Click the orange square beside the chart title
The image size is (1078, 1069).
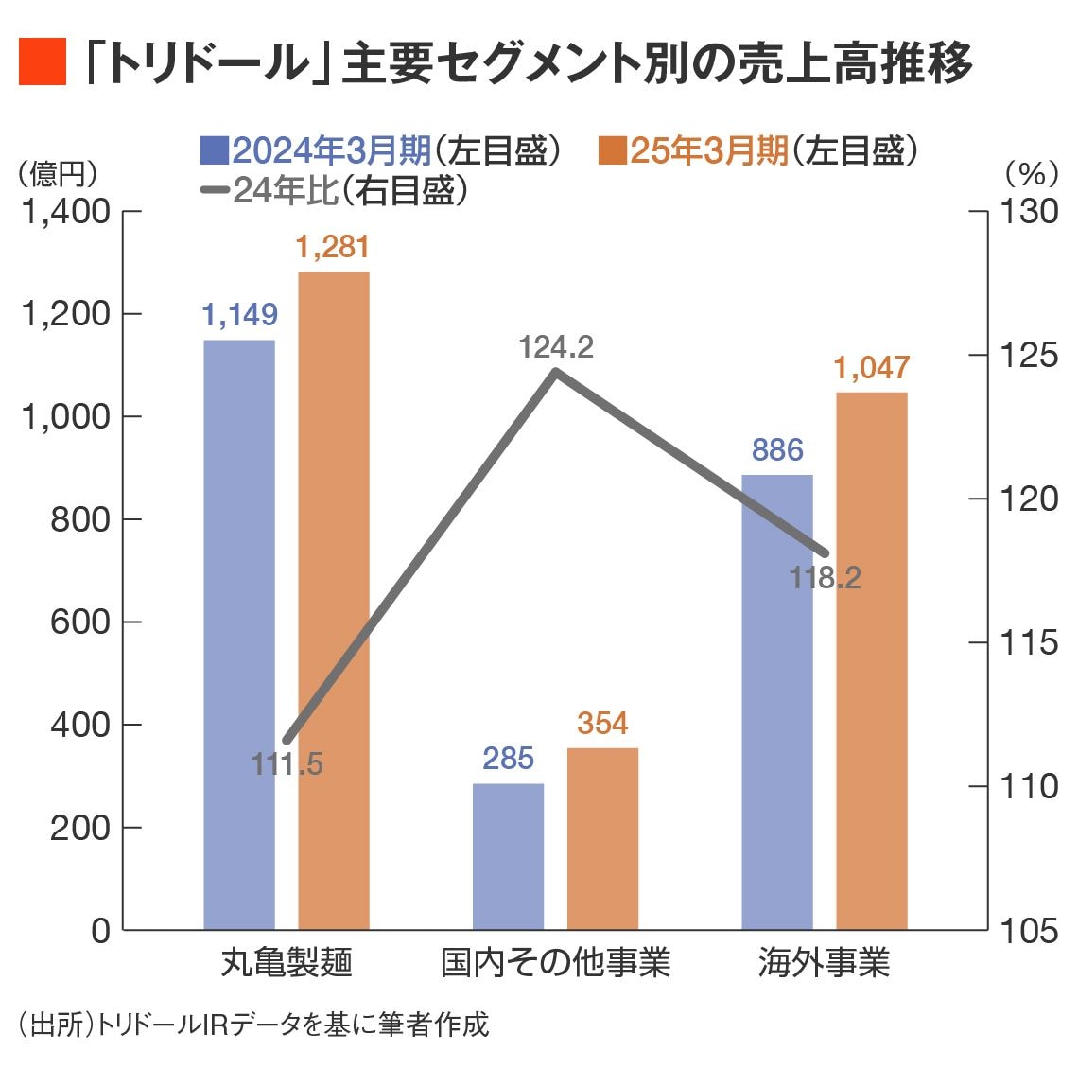pyautogui.click(x=42, y=62)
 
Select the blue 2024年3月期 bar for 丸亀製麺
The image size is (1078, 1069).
pyautogui.click(x=239, y=634)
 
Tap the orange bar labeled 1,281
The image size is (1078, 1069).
pyautogui.click(x=334, y=601)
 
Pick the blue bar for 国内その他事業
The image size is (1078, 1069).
pyautogui.click(x=508, y=856)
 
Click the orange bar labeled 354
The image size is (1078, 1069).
pyautogui.click(x=602, y=838)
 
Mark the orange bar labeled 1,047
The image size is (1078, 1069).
pyautogui.click(x=871, y=660)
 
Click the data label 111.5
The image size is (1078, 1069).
pyautogui.click(x=287, y=764)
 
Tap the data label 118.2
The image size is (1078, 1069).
pyautogui.click(x=825, y=578)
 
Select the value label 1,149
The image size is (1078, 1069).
pyautogui.click(x=239, y=315)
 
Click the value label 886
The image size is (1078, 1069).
pyautogui.click(x=776, y=450)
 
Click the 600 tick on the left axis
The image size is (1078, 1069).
pyautogui.click(x=80, y=622)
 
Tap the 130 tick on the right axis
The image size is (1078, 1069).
pyautogui.click(x=1030, y=211)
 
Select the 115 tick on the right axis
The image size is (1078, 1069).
pyautogui.click(x=1030, y=642)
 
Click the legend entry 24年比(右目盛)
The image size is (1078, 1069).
pyautogui.click(x=336, y=191)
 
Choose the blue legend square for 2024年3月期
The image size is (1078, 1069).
pyautogui.click(x=215, y=149)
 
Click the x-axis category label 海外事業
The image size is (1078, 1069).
pyautogui.click(x=824, y=963)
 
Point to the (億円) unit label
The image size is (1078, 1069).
pyautogui.click(x=57, y=173)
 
